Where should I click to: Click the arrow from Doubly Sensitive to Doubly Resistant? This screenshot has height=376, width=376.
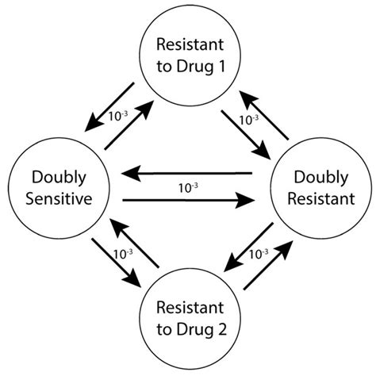186,201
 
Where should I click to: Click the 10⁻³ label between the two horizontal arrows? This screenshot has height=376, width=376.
186,187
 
